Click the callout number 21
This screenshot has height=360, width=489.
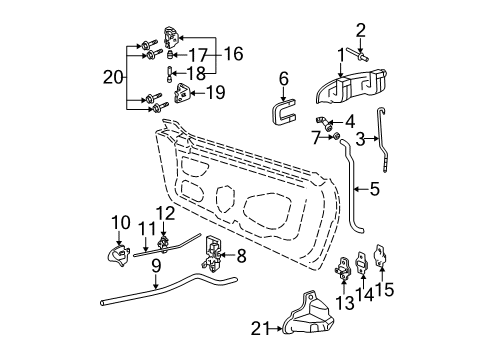261,329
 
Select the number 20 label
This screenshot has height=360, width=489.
113,77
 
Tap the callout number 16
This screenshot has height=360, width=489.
233,54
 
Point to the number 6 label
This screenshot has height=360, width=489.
283,79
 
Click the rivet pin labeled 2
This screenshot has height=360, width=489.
358,55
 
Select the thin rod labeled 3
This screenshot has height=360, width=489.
383,140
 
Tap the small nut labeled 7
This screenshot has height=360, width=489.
336,136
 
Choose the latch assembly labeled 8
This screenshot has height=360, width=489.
212,253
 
